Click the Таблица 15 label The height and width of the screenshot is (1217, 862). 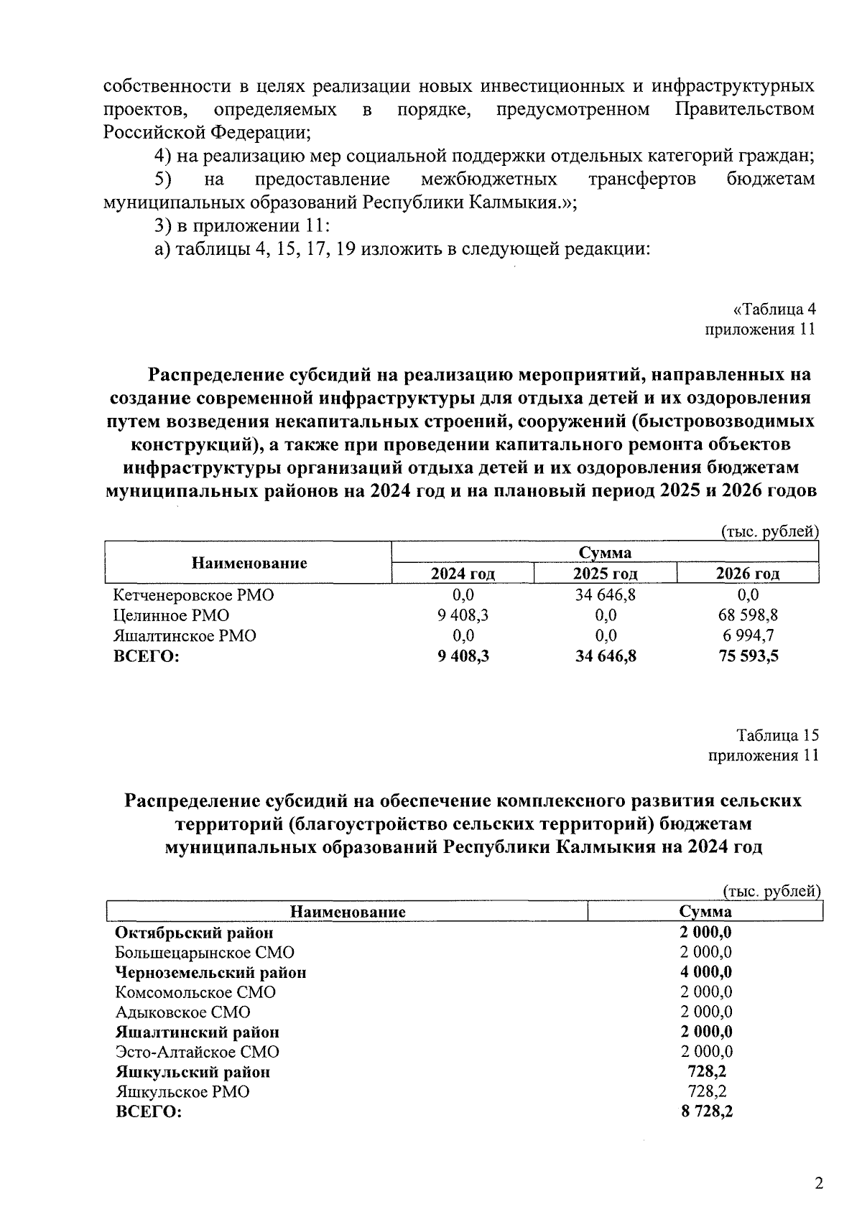click(x=777, y=735)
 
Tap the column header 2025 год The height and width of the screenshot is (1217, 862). click(x=605, y=574)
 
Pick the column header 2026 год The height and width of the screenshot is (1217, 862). click(x=747, y=574)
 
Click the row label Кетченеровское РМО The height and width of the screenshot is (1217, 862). click(x=193, y=595)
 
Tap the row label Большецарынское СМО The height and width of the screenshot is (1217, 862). click(x=204, y=952)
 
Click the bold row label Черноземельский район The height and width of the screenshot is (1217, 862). click(x=210, y=972)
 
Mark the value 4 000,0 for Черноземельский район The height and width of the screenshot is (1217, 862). click(x=707, y=972)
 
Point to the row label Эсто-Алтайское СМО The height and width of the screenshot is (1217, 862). click(x=197, y=1052)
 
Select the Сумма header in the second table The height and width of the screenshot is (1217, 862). click(x=705, y=912)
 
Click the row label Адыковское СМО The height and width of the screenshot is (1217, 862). click(x=182, y=1012)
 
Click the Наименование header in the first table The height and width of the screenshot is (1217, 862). click(x=249, y=563)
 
